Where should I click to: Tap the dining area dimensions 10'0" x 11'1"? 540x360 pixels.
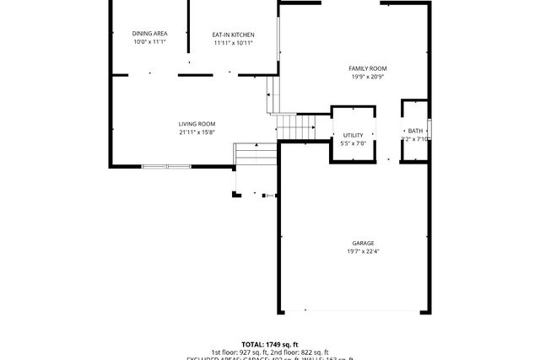[149, 41]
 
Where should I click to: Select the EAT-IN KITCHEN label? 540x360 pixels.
[233, 34]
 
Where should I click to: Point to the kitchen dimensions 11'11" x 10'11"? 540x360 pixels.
[233, 42]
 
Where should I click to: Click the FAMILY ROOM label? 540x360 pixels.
[368, 68]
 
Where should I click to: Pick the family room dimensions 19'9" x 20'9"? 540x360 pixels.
[368, 77]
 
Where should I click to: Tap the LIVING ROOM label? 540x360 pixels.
[197, 123]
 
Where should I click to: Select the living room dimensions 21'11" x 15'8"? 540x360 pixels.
[197, 132]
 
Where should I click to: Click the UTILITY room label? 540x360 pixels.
[352, 135]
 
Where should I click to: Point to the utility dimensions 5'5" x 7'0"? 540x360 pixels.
[352, 143]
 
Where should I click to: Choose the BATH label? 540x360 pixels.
[415, 131]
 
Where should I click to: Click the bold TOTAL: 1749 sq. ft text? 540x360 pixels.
[270, 344]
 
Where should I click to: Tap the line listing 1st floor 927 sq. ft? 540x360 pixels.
[270, 352]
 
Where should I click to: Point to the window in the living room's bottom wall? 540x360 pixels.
[166, 166]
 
